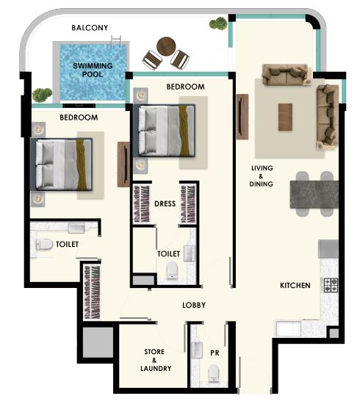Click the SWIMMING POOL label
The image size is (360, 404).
click(x=93, y=70)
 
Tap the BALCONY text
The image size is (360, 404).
click(x=90, y=28)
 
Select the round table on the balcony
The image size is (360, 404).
click(x=166, y=46)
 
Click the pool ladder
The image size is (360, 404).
click(x=116, y=41)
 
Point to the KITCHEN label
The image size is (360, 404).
click(x=295, y=285)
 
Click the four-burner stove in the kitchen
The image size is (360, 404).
click(x=331, y=285)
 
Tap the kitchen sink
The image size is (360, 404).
click(x=289, y=328)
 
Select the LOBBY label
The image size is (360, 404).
click(x=194, y=305)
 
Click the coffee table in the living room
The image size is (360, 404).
click(x=285, y=118)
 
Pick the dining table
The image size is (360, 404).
click(x=314, y=194)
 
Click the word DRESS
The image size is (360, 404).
click(x=165, y=203)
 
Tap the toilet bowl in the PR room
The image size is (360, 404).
click(x=214, y=373)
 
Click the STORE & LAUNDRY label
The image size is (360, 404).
click(x=156, y=360)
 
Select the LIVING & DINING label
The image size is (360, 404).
click(x=262, y=176)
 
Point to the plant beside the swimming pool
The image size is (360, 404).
click(x=42, y=95)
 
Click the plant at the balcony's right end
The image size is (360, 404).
click(x=218, y=24)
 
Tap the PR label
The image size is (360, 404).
click(x=215, y=353)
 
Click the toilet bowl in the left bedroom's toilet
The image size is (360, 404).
click(x=45, y=245)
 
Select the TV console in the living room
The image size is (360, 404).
click(x=242, y=117)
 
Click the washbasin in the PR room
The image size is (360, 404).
click(x=197, y=350)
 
